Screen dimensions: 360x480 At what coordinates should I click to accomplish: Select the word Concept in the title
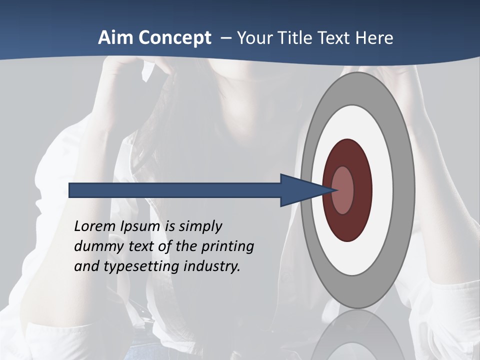(x=174, y=38)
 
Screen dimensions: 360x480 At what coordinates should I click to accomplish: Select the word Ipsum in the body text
(x=141, y=226)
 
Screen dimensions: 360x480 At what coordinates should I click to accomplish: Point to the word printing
(x=227, y=246)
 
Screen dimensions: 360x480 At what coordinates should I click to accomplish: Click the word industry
(x=212, y=266)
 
